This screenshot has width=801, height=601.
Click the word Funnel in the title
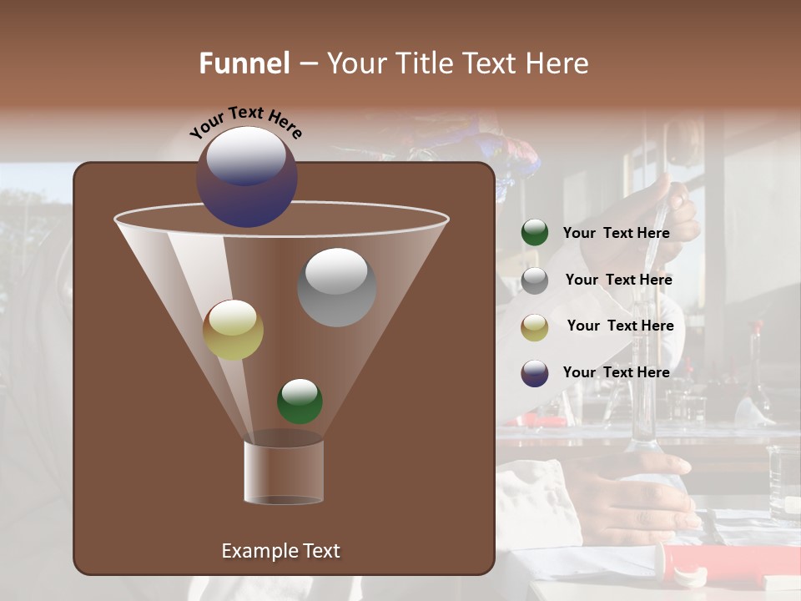point(244,63)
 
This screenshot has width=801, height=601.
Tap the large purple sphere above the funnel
point(247,177)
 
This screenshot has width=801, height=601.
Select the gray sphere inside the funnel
point(336,287)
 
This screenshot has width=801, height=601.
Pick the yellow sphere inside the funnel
point(233,330)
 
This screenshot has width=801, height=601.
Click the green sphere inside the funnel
point(300,401)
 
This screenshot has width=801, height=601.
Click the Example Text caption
point(280,551)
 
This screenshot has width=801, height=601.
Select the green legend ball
point(535,233)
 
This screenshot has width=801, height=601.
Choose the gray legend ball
point(535,280)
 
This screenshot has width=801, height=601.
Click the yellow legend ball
point(535,327)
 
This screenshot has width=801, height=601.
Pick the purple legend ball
point(535,373)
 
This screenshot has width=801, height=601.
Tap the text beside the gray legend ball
point(618,280)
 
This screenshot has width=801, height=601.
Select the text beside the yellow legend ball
point(620,326)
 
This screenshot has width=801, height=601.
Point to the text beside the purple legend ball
point(616,372)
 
